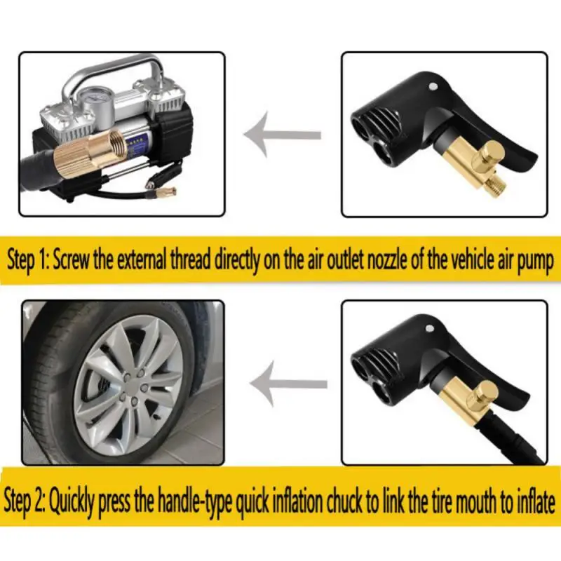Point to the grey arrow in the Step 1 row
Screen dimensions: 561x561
pyautogui.click(x=280, y=133)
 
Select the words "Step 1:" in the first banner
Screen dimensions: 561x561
pyautogui.click(x=26, y=259)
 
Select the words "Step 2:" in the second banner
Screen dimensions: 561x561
pyautogui.click(x=25, y=501)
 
